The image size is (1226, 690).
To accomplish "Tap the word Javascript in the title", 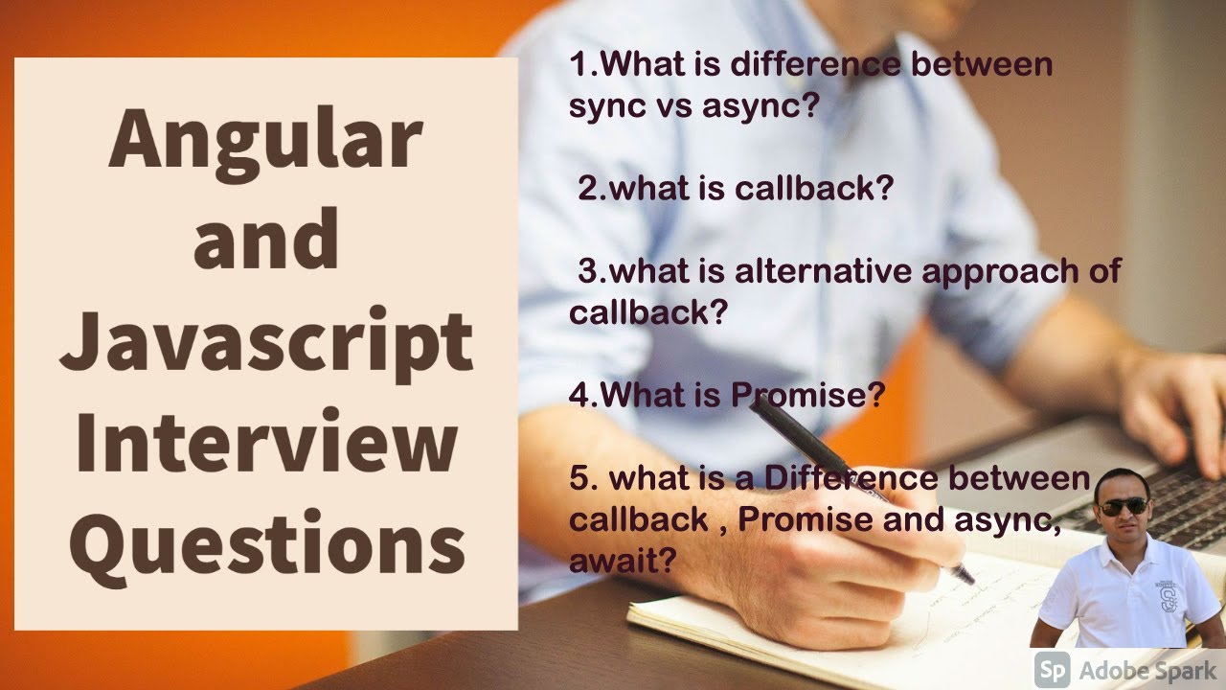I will [x=265, y=346].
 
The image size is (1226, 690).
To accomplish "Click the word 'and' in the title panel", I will [x=265, y=241].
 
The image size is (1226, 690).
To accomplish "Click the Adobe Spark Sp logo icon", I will [x=1054, y=669].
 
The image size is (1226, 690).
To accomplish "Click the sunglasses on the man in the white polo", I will [x=1123, y=505].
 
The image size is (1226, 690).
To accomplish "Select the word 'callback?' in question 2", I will [x=813, y=188].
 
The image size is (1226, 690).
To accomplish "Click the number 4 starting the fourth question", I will [x=578, y=396].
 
